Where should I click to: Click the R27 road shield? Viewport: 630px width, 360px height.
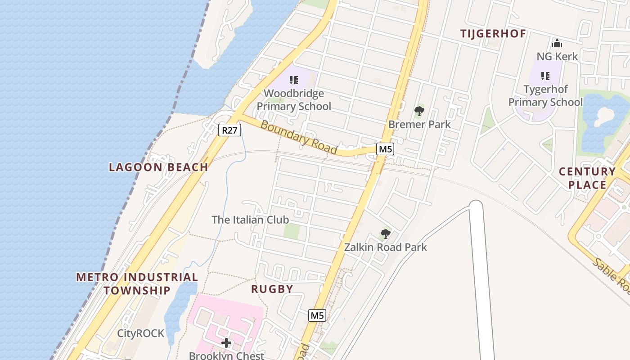coord(230,130)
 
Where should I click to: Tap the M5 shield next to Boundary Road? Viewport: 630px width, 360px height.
coord(385,149)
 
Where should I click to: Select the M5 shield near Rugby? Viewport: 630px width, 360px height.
coord(317,315)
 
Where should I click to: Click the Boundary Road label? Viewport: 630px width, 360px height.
coord(298,137)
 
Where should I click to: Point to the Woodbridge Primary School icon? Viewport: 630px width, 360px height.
coord(294,80)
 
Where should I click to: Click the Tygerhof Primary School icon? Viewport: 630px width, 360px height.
coord(545,76)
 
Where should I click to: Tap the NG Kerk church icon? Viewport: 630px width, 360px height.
coord(557,44)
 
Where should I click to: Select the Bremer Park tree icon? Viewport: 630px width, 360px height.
coord(419,111)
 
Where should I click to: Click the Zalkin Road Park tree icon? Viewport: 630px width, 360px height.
coord(385,234)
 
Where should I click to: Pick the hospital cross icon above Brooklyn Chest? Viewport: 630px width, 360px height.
coord(226,343)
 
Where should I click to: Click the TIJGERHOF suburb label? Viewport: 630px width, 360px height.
coord(493,34)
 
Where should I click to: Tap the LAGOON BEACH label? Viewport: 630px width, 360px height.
coord(158,167)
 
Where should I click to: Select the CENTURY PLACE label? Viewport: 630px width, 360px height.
coord(587,178)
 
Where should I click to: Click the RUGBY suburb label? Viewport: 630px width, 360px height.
coord(272,289)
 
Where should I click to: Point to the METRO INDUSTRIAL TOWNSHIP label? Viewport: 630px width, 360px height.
coord(137,283)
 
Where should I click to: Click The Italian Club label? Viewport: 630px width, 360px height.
coord(250,220)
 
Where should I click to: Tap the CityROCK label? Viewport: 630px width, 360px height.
coord(140,333)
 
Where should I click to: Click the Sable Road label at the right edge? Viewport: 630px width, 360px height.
coord(612,275)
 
